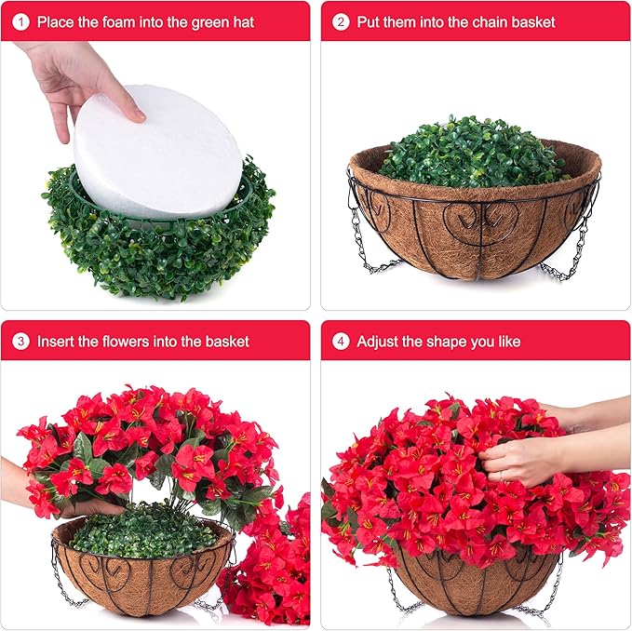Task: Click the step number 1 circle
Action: [20, 21]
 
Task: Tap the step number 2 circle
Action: [341, 21]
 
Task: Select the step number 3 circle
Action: [20, 342]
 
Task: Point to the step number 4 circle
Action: [341, 342]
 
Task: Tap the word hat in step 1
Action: [244, 21]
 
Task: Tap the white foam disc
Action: [158, 152]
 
